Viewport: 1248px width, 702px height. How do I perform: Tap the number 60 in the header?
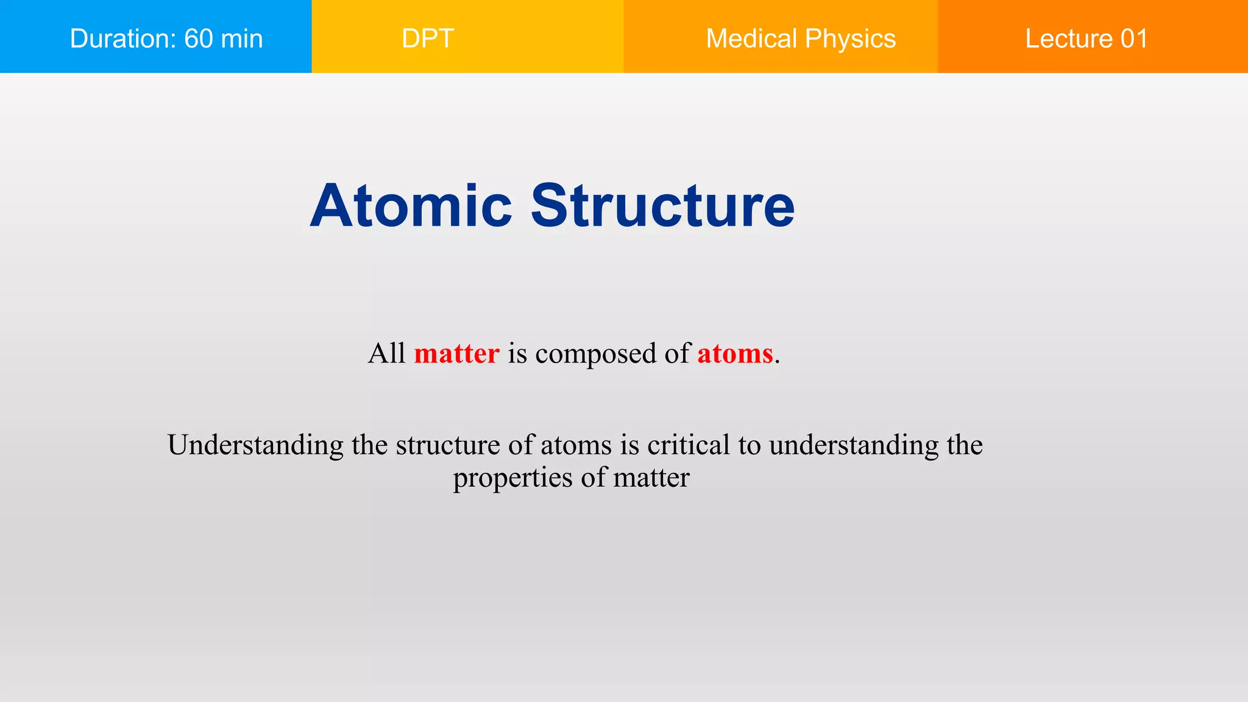(x=199, y=39)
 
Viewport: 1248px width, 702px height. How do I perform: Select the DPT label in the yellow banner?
(x=428, y=39)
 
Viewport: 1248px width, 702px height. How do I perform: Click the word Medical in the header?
(x=751, y=39)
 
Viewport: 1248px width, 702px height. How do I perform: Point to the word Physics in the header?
(x=850, y=39)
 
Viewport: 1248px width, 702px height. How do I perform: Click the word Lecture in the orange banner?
(x=1068, y=39)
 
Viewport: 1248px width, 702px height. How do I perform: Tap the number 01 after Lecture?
(x=1134, y=39)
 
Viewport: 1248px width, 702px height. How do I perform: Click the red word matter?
(x=456, y=353)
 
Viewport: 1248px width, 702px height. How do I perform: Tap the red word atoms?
(x=735, y=353)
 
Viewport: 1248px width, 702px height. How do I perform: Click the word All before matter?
(x=386, y=353)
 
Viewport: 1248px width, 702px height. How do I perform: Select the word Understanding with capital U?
(x=255, y=445)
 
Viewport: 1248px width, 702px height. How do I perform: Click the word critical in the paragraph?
(x=688, y=445)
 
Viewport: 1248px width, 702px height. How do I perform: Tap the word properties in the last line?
(x=512, y=478)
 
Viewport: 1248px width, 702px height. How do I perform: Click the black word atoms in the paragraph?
(x=576, y=445)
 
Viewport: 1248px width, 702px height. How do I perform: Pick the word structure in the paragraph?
(x=448, y=445)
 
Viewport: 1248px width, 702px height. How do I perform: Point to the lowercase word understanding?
(x=854, y=445)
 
